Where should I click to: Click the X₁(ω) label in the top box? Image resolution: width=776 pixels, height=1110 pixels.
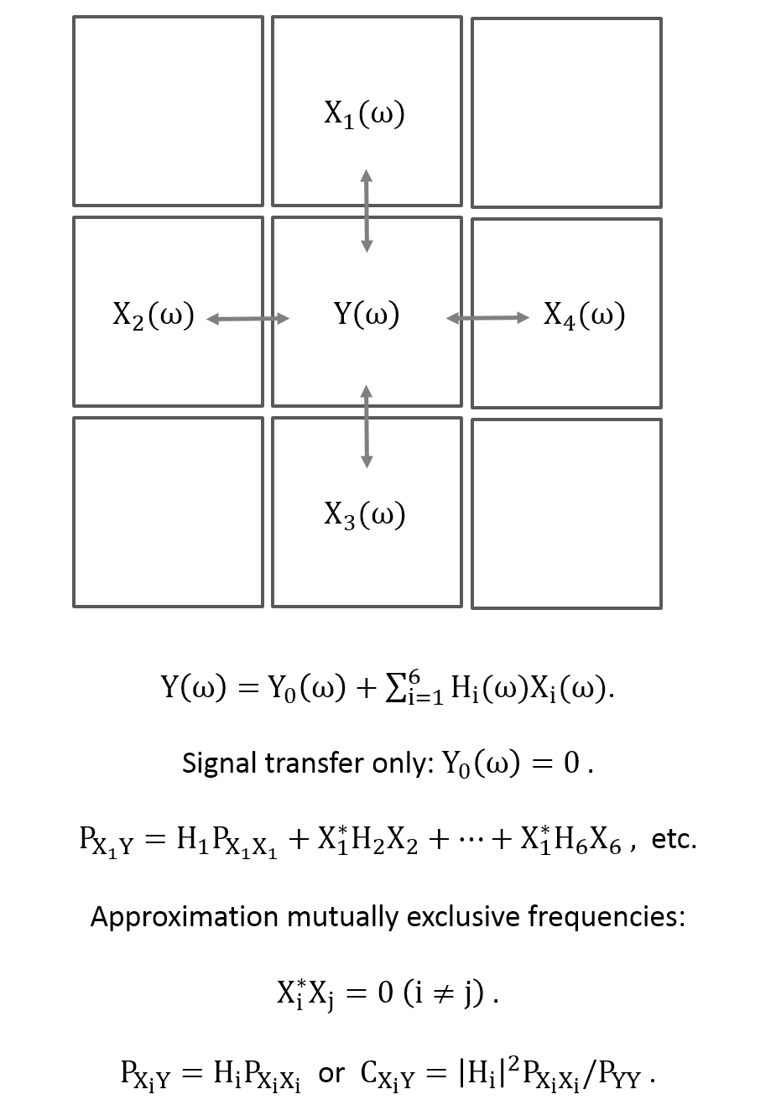[365, 113]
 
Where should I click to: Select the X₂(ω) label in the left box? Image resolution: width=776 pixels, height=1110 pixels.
[154, 315]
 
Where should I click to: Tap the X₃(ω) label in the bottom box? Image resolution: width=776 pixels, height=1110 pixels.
[365, 514]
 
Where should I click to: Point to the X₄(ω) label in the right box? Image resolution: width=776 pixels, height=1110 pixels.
[584, 315]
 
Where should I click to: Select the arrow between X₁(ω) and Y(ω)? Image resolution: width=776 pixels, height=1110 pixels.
[367, 211]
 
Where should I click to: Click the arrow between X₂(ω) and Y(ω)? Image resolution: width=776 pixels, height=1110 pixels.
[247, 319]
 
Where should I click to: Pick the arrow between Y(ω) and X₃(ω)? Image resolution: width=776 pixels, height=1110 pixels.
[367, 426]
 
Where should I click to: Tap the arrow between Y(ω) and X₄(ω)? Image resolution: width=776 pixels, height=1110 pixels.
[488, 318]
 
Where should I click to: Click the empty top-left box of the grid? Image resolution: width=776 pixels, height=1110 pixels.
[168, 111]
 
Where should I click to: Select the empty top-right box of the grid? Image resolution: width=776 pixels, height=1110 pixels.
[566, 112]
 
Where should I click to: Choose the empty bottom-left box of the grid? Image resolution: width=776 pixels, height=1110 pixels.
[168, 512]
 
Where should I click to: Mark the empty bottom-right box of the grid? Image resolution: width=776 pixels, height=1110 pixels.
[566, 513]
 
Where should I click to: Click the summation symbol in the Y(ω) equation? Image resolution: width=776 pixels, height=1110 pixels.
[393, 688]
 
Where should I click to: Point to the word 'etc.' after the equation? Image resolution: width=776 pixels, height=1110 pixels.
[674, 838]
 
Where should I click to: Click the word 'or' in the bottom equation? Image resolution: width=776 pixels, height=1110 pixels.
[331, 1072]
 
